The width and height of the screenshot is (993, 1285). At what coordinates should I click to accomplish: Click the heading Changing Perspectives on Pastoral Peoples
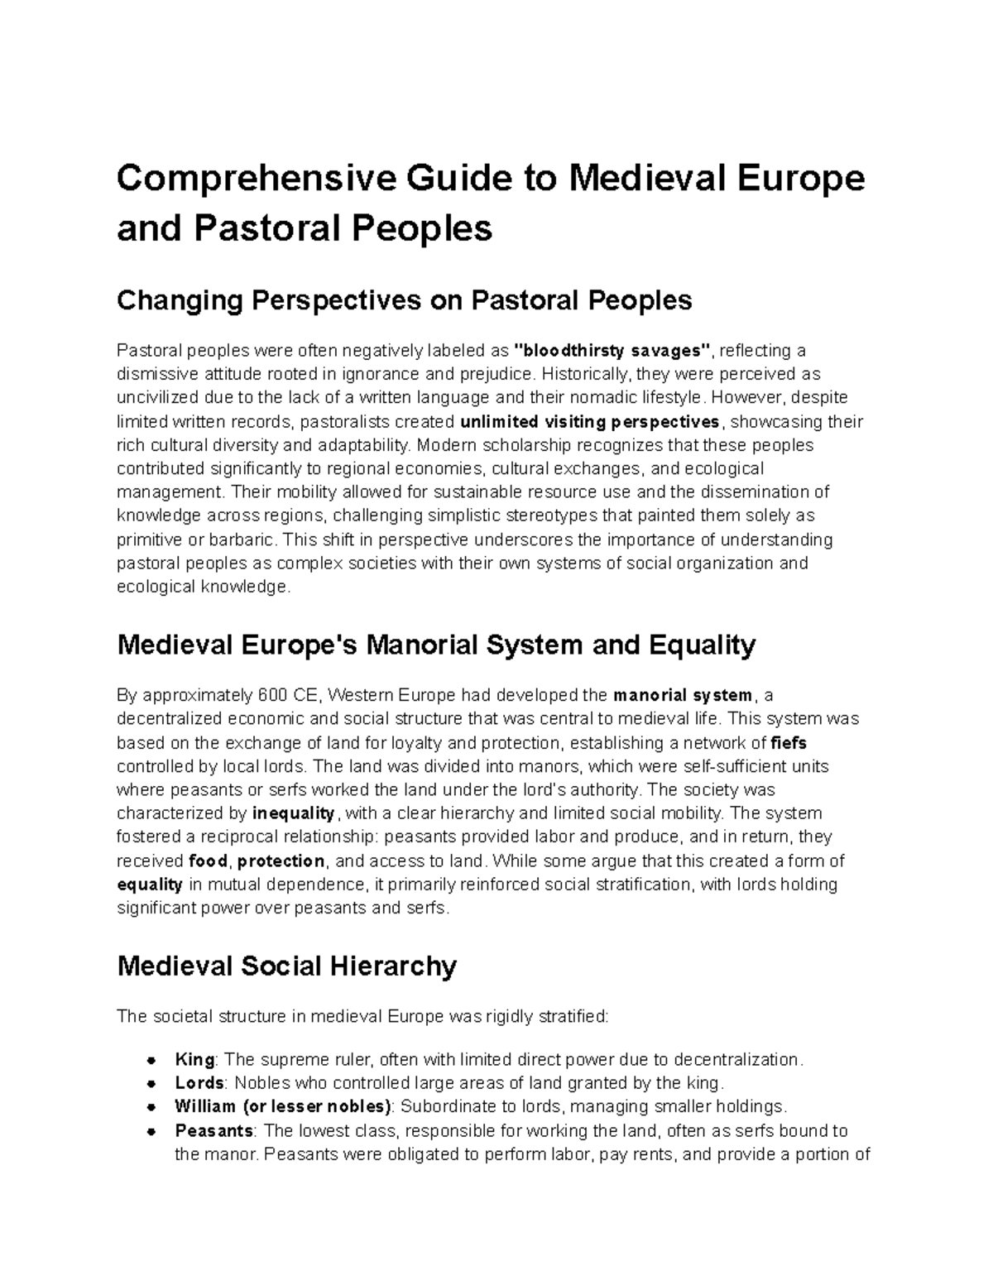pyautogui.click(x=404, y=300)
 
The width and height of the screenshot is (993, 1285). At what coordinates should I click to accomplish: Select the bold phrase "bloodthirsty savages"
pyautogui.click(x=612, y=351)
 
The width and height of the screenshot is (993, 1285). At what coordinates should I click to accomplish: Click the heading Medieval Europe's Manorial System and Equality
pyautogui.click(x=436, y=645)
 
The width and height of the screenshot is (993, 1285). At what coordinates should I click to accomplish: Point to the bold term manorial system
pyautogui.click(x=682, y=695)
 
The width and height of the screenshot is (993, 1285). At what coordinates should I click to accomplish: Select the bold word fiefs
pyautogui.click(x=788, y=742)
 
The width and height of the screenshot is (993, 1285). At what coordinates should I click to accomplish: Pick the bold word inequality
pyautogui.click(x=293, y=813)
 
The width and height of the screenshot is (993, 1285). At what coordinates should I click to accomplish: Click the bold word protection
pyautogui.click(x=281, y=861)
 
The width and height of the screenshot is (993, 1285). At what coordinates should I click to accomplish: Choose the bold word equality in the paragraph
pyautogui.click(x=150, y=885)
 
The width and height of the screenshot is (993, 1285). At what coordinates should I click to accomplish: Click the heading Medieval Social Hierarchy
pyautogui.click(x=287, y=966)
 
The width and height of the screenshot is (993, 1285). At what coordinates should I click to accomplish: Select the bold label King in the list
pyautogui.click(x=194, y=1060)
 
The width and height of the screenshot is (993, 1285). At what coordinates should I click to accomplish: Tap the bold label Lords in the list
pyautogui.click(x=199, y=1083)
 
